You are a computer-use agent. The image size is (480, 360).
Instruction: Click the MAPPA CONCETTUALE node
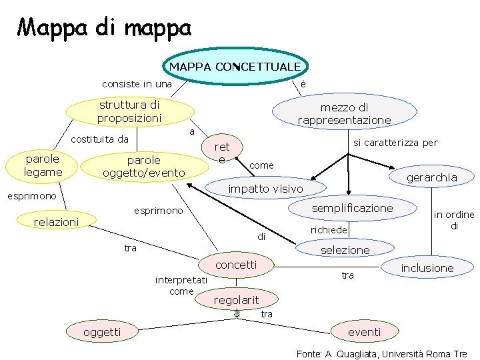pos(235,67)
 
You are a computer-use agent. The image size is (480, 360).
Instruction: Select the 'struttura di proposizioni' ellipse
pos(129,112)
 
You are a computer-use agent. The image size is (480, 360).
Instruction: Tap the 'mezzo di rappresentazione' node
pos(344,113)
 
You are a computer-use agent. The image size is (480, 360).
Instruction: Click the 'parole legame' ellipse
pos(43,165)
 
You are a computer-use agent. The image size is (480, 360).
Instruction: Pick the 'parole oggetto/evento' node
pos(143,167)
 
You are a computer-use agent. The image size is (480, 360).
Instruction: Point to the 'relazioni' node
pos(57,221)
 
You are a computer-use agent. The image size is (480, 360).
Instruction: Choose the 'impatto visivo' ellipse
pos(265,189)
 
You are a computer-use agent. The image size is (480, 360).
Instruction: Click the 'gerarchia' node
pos(431,177)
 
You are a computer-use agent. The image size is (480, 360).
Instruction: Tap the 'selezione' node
pos(345,249)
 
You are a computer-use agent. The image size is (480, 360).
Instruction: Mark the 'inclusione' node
pos(427,268)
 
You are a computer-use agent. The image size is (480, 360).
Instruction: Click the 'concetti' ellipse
pos(237,265)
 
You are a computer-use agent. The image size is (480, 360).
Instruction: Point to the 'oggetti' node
pos(102,331)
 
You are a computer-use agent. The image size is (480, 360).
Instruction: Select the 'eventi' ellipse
pos(365,331)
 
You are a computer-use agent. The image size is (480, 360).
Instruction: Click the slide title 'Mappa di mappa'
pos(104,27)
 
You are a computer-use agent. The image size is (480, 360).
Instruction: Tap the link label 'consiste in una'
pos(137,84)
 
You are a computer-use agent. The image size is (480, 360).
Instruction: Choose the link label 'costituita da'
pos(99,139)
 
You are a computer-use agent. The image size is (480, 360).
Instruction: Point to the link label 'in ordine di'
pos(453,220)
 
